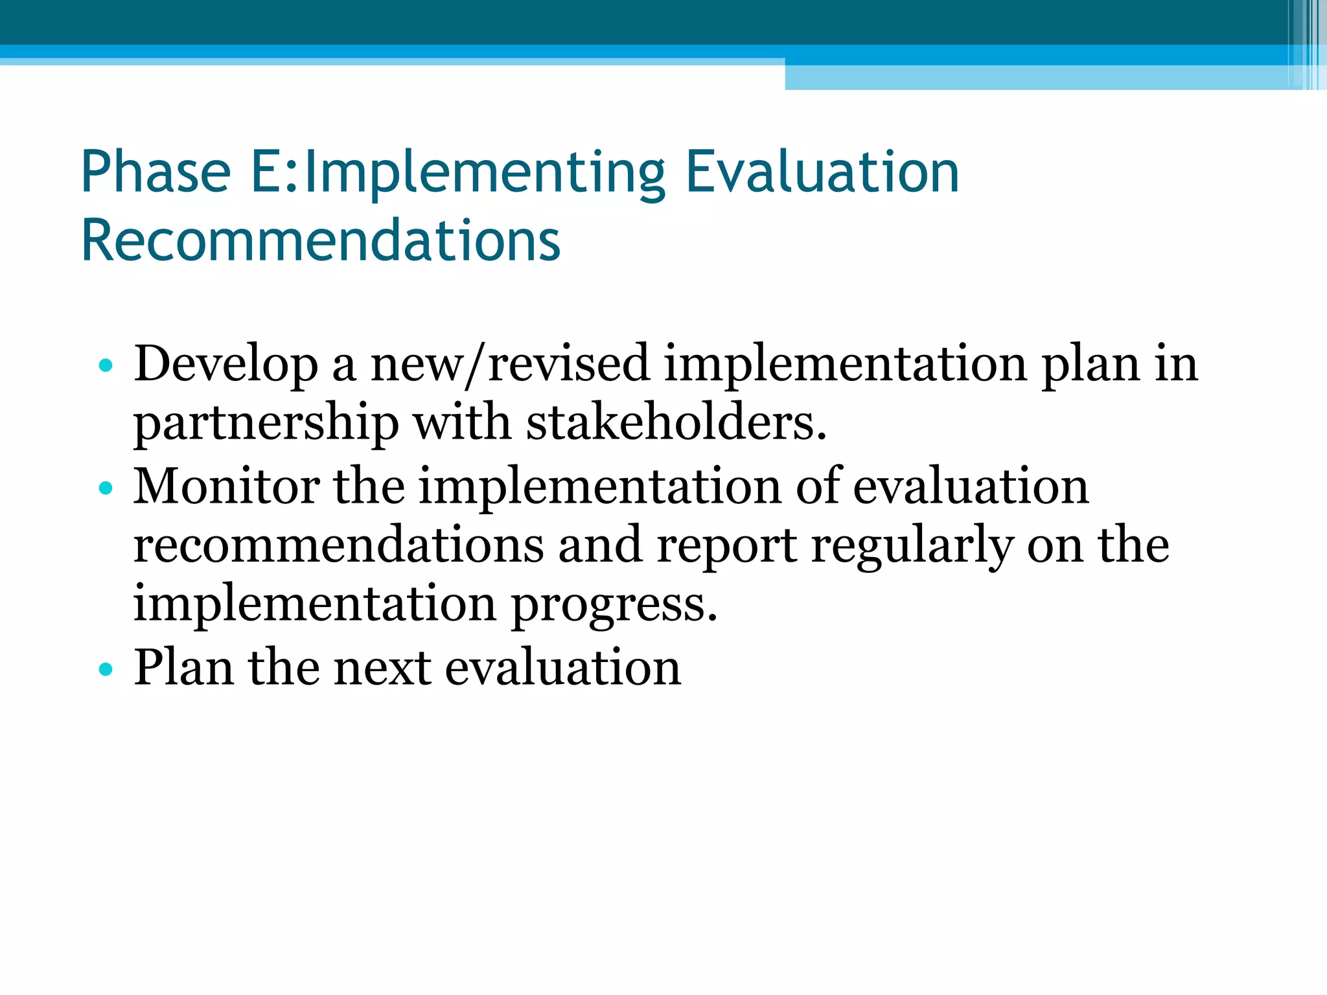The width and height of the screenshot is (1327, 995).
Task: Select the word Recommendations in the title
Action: (x=321, y=240)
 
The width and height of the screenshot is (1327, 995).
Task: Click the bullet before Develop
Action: (x=106, y=366)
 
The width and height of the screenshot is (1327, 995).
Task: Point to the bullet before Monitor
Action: (x=106, y=488)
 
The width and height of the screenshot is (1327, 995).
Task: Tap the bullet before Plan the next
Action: (x=106, y=669)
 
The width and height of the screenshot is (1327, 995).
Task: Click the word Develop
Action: (x=225, y=364)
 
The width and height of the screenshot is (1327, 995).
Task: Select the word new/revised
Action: (x=509, y=364)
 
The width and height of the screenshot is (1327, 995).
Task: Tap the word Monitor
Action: (x=226, y=486)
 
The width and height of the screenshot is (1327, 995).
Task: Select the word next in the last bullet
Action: (x=382, y=667)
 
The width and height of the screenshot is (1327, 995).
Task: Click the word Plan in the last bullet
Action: (x=183, y=667)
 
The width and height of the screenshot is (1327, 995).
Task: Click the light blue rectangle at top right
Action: (x=1037, y=77)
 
